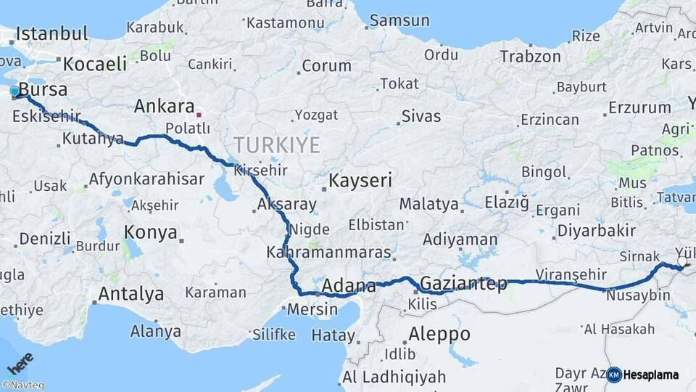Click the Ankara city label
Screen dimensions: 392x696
pyautogui.click(x=164, y=107)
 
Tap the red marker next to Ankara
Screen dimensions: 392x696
pyautogui.click(x=199, y=114)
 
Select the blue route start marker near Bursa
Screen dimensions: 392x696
pyautogui.click(x=14, y=91)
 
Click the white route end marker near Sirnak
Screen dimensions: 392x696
pyautogui.click(x=682, y=261)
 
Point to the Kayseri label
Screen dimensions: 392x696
pyautogui.click(x=360, y=180)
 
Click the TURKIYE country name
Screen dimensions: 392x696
pyautogui.click(x=276, y=145)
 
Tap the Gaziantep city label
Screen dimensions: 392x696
pyautogui.click(x=463, y=283)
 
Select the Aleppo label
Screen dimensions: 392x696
pyautogui.click(x=439, y=334)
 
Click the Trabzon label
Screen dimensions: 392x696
pyautogui.click(x=530, y=56)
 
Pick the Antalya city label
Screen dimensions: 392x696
pyautogui.click(x=130, y=294)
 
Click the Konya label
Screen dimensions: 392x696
pyautogui.click(x=151, y=232)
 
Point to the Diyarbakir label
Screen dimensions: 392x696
pyautogui.click(x=595, y=232)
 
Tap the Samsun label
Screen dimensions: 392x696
pyautogui.click(x=399, y=20)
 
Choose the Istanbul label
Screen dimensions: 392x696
pyautogui.click(x=51, y=33)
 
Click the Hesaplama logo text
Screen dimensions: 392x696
pyautogui.click(x=651, y=375)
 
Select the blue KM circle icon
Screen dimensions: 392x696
pyautogui.click(x=614, y=375)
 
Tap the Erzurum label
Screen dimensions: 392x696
pyautogui.click(x=639, y=107)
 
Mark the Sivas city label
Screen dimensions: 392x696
pyautogui.click(x=420, y=115)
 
